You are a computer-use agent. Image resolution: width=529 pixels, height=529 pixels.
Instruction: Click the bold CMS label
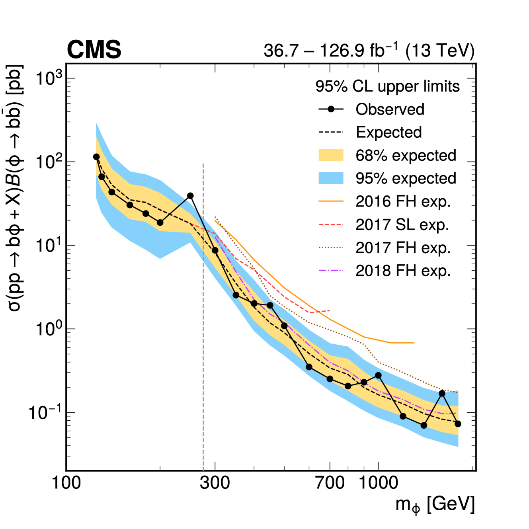click(x=94, y=50)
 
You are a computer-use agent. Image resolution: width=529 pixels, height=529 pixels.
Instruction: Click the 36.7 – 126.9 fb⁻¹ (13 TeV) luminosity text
click(x=369, y=51)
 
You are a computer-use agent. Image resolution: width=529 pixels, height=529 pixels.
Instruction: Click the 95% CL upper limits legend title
click(x=387, y=86)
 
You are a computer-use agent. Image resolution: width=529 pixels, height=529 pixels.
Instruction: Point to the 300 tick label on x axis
click(x=215, y=483)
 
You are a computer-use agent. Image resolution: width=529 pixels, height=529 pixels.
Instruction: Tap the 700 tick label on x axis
click(x=330, y=483)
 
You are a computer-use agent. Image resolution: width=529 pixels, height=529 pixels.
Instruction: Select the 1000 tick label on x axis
click(x=378, y=483)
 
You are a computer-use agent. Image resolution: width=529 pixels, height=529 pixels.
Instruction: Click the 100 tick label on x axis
click(x=66, y=483)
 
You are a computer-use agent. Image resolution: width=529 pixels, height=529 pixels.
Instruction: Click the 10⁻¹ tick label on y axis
click(x=45, y=412)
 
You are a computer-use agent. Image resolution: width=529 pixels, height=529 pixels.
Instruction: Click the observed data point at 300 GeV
click(x=215, y=250)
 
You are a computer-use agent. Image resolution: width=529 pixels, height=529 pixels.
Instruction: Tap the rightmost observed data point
click(x=458, y=424)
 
